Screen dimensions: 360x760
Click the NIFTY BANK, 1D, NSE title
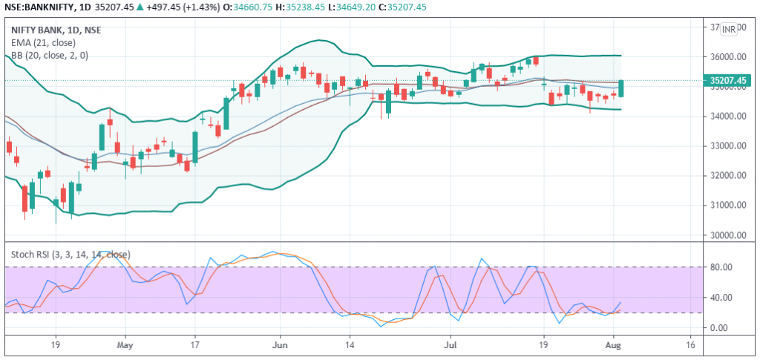point(56,30)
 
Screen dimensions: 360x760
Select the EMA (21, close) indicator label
point(43,42)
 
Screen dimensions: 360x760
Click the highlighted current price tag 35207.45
point(727,80)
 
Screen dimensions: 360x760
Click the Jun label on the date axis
point(280,345)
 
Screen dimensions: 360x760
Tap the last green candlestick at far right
point(620,88)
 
